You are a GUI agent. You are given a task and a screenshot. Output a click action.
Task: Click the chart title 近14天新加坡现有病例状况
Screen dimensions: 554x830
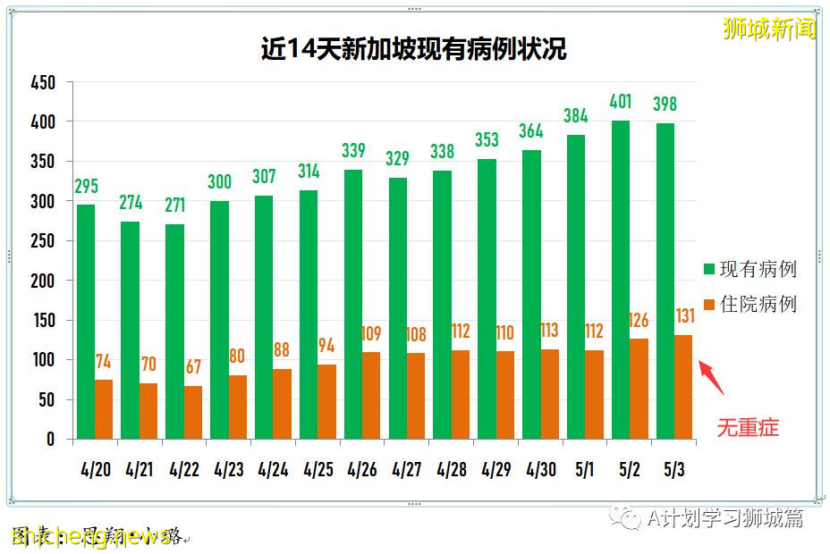[413, 48]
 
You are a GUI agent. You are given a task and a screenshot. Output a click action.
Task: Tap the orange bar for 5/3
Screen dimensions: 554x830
[683, 387]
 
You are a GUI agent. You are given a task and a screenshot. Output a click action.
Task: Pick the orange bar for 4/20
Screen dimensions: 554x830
[104, 409]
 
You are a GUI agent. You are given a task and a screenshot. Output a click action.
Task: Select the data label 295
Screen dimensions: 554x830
[86, 186]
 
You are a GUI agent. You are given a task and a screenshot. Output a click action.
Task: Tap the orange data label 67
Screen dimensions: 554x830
[193, 367]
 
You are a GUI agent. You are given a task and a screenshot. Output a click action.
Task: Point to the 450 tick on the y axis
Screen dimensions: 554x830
[42, 83]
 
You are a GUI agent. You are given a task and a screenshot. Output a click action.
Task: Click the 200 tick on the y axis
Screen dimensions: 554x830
[42, 281]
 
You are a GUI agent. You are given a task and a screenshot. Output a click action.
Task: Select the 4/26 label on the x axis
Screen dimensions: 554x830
[362, 469]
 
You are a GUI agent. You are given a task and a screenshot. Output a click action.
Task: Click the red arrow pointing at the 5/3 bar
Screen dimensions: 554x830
[712, 376]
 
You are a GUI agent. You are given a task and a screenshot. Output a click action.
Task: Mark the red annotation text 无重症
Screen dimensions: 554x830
[748, 428]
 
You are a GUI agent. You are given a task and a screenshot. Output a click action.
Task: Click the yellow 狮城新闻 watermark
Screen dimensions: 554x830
[769, 29]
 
